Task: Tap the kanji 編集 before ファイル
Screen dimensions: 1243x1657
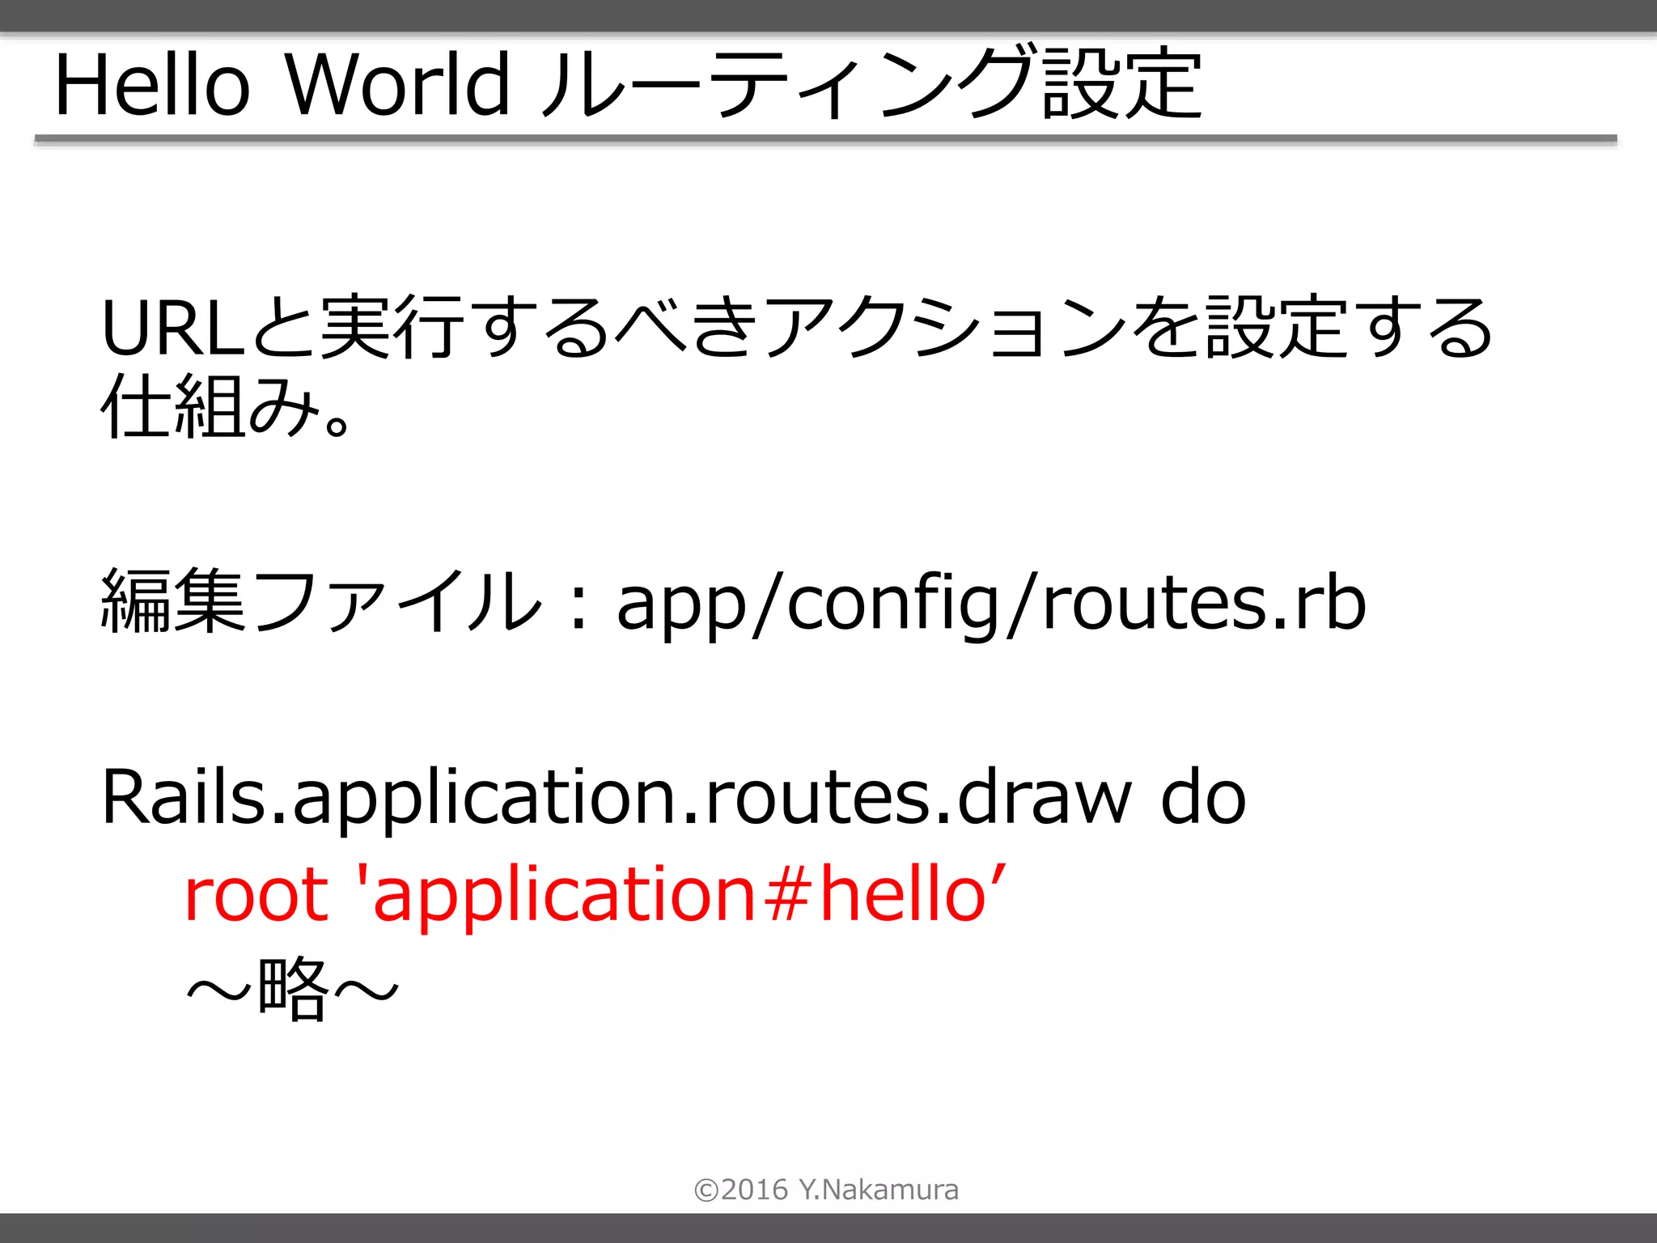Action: coord(172,601)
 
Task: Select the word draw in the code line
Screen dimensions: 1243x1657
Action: coord(1045,797)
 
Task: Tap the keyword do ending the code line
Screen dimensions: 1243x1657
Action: coord(1203,797)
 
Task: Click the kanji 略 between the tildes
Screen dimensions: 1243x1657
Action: coord(292,988)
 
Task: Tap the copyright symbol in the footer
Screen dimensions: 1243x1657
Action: coord(706,1190)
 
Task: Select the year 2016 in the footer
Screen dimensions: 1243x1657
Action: coord(754,1190)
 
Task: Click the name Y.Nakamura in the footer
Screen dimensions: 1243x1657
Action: coord(879,1190)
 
